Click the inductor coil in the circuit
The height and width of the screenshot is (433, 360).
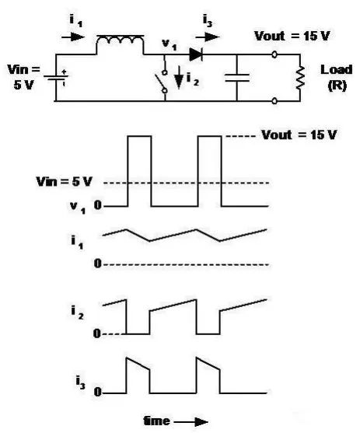[x=121, y=40]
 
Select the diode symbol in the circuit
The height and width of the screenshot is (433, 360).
[x=196, y=54]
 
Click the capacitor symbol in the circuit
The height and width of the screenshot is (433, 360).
[x=237, y=78]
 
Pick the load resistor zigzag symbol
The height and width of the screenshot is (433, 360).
[x=300, y=78]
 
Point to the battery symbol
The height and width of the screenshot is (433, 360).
[x=56, y=77]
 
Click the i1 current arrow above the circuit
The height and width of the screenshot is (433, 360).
[x=73, y=37]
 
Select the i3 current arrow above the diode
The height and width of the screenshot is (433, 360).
[x=208, y=37]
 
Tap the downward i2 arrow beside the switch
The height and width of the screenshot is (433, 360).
[x=180, y=77]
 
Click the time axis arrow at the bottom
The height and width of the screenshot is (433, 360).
[x=191, y=421]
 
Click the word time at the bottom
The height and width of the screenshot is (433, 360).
[x=156, y=421]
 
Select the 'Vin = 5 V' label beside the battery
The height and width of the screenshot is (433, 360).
[x=24, y=77]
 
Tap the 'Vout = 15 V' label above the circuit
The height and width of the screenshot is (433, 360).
[x=292, y=37]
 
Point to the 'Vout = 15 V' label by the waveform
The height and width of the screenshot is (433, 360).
[x=299, y=135]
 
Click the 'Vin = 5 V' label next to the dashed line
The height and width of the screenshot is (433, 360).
[x=64, y=182]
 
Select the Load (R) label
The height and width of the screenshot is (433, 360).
[x=337, y=78]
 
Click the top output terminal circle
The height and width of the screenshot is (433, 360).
[x=274, y=54]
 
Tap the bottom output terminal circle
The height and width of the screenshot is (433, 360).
[x=274, y=101]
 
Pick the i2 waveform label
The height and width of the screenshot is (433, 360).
[x=77, y=313]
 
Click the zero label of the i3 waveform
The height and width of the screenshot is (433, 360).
[x=97, y=392]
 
